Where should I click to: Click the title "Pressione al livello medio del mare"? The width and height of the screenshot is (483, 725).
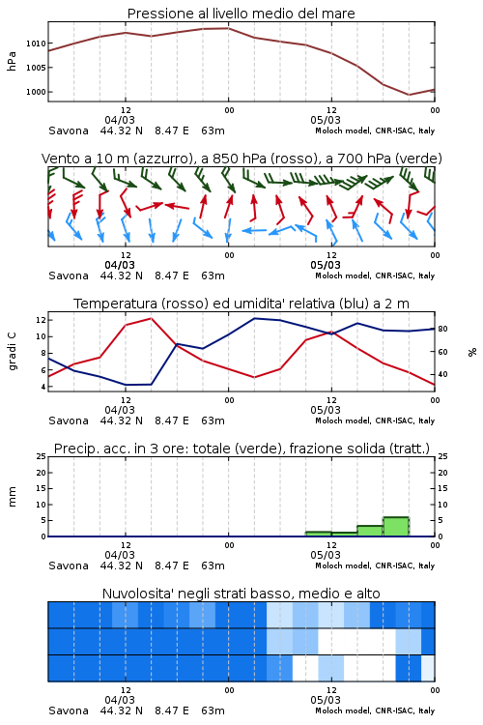coord(241,14)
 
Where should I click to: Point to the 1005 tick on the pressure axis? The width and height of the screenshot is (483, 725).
coord(36,68)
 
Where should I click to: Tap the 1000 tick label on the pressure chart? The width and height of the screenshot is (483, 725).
coord(36,92)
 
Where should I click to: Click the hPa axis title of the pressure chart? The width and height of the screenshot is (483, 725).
coord(12,61)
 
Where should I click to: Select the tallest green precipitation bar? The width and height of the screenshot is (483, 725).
coord(396,527)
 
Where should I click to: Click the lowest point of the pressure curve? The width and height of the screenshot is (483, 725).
coord(409,95)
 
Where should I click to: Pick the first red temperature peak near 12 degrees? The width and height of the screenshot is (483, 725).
coord(151,318)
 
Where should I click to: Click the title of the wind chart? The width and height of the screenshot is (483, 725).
coord(241,159)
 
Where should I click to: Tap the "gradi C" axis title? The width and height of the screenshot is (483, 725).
coord(13,351)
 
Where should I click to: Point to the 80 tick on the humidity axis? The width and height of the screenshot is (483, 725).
coord(442,330)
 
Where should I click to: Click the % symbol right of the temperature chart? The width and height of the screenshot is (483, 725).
coord(472,352)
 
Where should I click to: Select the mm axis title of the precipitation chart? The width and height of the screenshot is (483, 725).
coord(13,497)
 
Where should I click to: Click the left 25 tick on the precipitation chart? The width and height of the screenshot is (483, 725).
coord(42,456)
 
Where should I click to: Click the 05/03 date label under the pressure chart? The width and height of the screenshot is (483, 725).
coord(326,120)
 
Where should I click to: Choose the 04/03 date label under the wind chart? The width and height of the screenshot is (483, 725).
coord(120,265)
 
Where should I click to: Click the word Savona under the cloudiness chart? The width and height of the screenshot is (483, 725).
coord(69,710)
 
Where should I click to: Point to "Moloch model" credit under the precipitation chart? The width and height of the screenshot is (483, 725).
coord(343,565)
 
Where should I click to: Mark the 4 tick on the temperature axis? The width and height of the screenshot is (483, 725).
coord(43,387)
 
